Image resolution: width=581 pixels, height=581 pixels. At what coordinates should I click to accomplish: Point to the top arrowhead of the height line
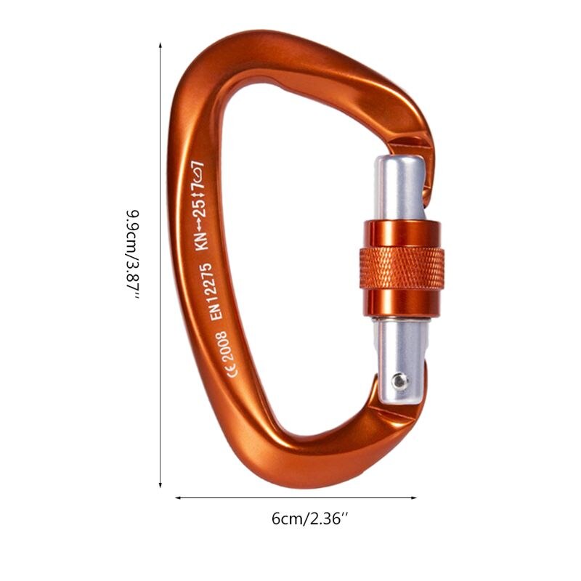pyautogui.click(x=160, y=45)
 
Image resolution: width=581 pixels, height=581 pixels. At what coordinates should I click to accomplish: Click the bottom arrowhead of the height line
pyautogui.click(x=160, y=484)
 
